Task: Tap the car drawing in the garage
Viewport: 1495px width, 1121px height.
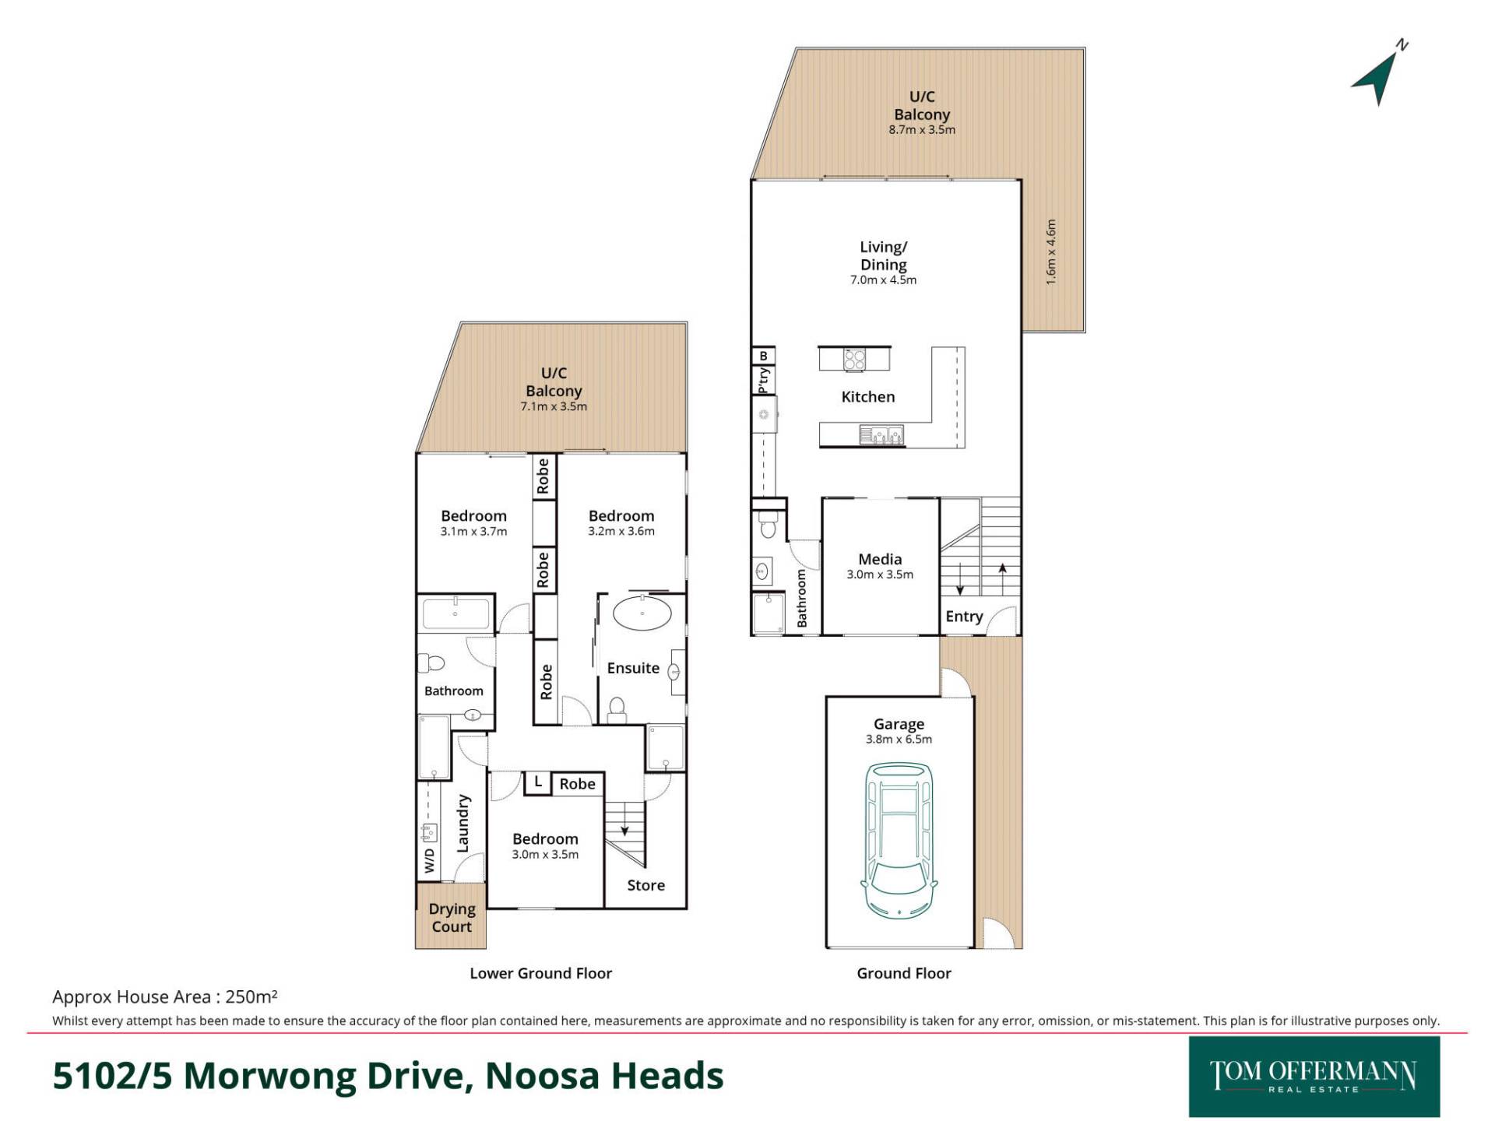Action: tap(899, 839)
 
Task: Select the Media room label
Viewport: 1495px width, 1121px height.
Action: tap(880, 559)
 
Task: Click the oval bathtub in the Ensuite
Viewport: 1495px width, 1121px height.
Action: tap(642, 613)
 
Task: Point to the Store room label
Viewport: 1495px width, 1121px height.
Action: tap(645, 885)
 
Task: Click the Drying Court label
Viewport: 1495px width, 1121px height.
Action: tap(452, 918)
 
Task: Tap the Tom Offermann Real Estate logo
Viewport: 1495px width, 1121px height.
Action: tap(1314, 1077)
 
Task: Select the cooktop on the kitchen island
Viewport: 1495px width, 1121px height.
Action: tap(854, 359)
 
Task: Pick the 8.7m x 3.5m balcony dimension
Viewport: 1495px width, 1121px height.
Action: tap(922, 130)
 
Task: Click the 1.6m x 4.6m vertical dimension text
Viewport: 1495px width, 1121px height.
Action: tap(1051, 251)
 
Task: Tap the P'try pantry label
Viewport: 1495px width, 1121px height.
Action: tap(764, 380)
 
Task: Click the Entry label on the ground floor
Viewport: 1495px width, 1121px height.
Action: tap(964, 617)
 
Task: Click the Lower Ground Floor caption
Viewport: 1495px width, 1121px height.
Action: tap(540, 973)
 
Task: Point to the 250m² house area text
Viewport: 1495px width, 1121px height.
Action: tap(252, 996)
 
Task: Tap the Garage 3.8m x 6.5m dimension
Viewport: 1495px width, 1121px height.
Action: tap(899, 740)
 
